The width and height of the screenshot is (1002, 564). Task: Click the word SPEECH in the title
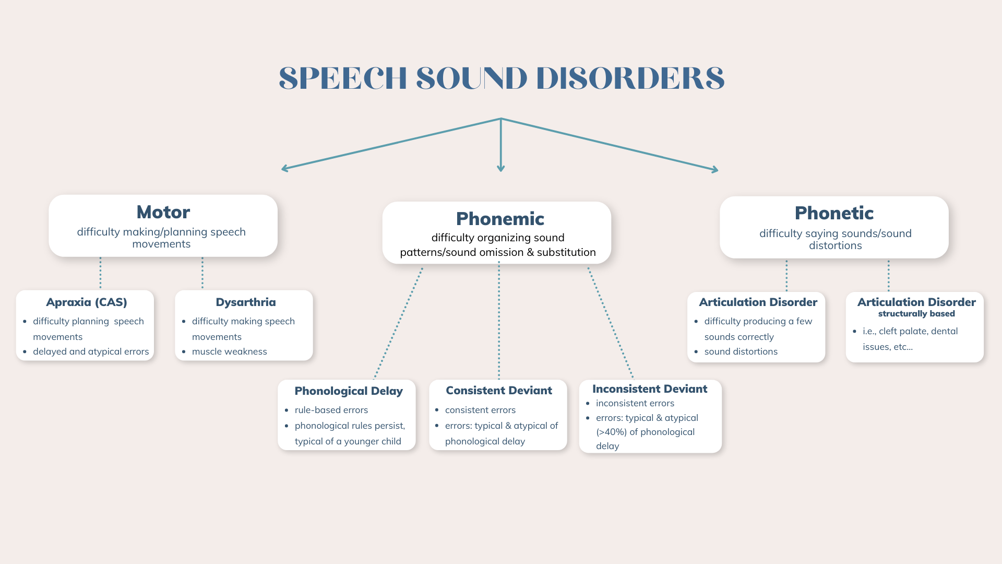342,78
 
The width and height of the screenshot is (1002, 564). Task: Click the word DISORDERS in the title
630,78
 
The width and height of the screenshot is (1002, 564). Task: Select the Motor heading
163,212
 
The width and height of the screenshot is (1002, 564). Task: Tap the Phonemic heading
500,219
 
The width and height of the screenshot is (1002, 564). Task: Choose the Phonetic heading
834,213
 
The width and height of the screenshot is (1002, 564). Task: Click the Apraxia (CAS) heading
87,302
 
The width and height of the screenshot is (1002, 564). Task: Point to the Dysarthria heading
246,302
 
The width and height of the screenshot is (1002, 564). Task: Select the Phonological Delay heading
349,391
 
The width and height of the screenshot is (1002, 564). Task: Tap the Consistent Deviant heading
499,391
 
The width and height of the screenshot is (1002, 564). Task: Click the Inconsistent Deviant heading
650,389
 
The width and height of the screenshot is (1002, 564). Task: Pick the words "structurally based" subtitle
916,314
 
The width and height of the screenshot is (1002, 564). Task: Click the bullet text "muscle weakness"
229,351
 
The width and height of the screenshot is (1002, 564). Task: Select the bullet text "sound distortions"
741,351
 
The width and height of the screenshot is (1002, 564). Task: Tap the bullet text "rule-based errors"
331,410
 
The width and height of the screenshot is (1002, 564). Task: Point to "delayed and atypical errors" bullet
91,351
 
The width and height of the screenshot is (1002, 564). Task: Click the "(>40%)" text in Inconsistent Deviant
612,432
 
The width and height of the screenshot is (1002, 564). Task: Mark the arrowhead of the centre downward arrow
501,168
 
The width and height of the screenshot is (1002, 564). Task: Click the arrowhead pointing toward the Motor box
285,168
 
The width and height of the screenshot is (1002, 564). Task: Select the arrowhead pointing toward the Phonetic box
715,169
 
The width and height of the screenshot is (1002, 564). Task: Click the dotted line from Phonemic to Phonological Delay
398,323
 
